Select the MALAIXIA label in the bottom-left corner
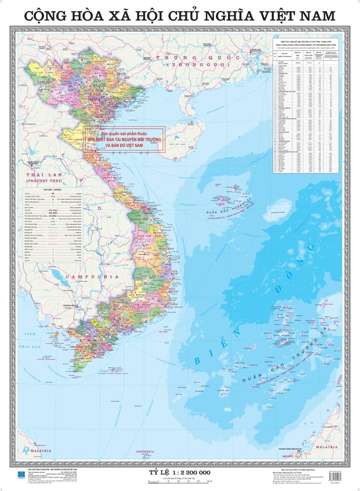[x=36, y=452]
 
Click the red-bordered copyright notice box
[x=124, y=139]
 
